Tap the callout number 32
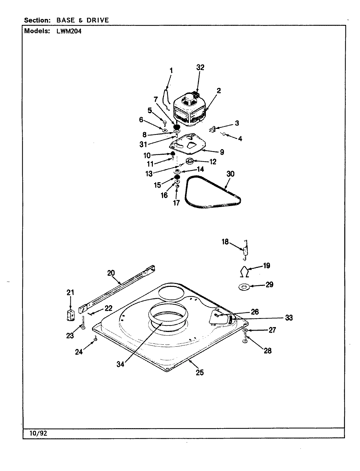click(x=200, y=67)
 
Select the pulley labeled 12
click(x=190, y=161)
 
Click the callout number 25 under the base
click(x=200, y=372)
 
